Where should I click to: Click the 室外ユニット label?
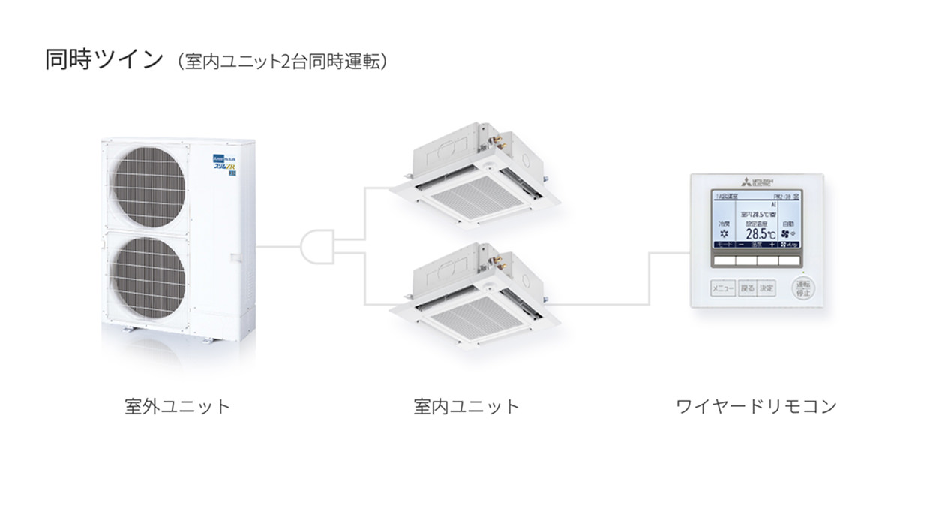(x=177, y=407)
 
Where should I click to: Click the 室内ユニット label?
(x=466, y=407)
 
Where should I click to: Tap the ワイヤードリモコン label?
(x=755, y=407)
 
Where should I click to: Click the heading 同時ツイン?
(x=103, y=60)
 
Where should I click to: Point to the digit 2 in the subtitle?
(x=286, y=62)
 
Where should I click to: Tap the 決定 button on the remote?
(x=766, y=288)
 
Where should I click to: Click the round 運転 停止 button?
(x=803, y=288)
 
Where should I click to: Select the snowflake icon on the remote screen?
(x=723, y=233)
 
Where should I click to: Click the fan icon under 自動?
(x=785, y=233)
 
